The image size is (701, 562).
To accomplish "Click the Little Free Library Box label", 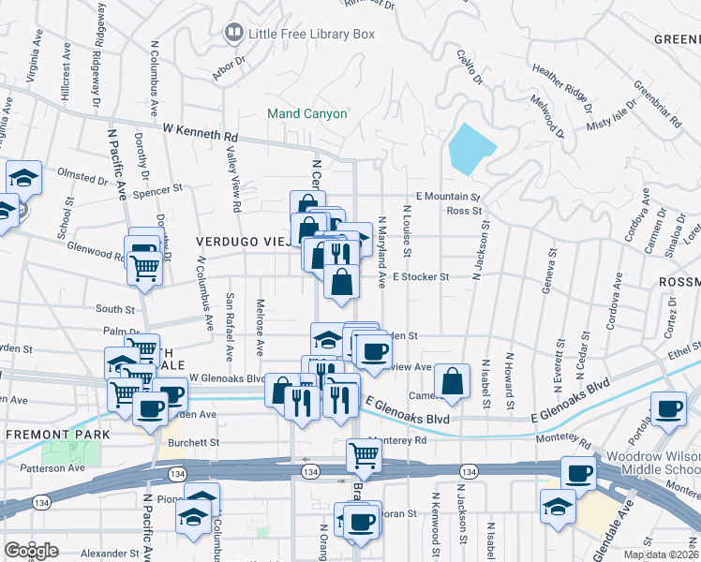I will (x=311, y=34).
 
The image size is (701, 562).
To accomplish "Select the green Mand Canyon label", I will (x=307, y=113).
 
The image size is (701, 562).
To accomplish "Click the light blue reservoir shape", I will (x=470, y=148).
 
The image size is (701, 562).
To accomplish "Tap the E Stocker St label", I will (x=422, y=277).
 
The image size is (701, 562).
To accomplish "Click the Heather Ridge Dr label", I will (x=560, y=82).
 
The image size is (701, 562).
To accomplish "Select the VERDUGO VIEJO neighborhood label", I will (x=245, y=242).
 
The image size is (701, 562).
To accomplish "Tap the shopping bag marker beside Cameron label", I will (x=453, y=380).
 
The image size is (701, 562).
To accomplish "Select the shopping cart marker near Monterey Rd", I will (x=365, y=456).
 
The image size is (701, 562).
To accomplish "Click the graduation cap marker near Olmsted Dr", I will (x=24, y=177).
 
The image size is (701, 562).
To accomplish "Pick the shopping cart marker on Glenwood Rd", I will (x=144, y=268).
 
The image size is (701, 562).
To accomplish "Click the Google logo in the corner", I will (x=31, y=551).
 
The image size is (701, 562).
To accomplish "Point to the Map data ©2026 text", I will (x=661, y=555).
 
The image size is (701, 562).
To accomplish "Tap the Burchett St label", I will (x=193, y=442).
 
